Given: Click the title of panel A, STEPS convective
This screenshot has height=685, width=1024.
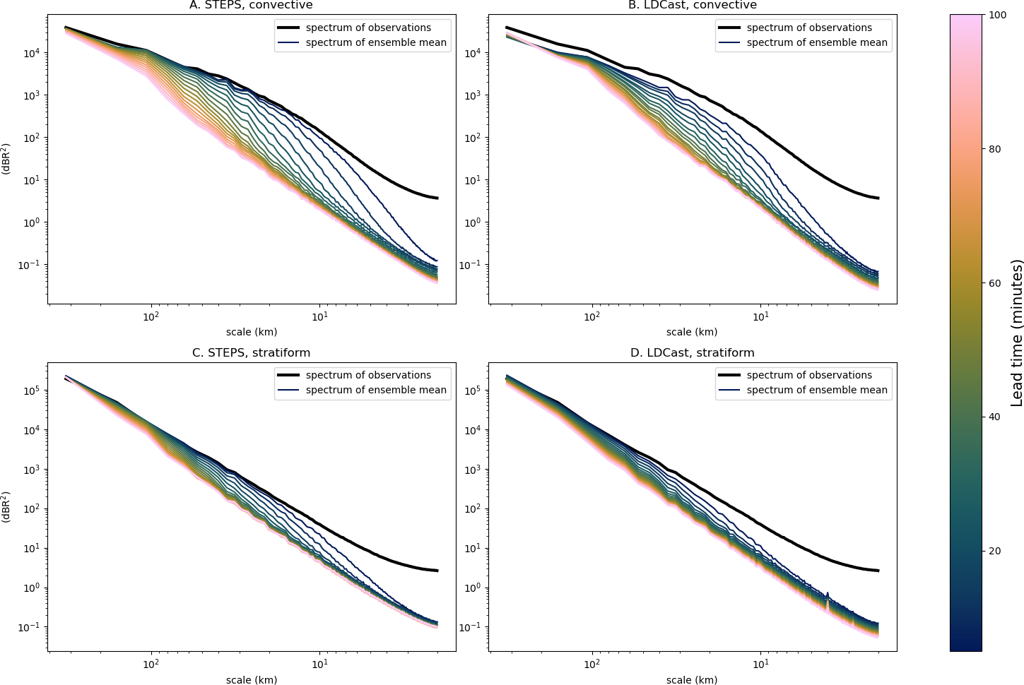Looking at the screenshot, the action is [251, 5].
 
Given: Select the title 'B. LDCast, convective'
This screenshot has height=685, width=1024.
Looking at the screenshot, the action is [693, 5].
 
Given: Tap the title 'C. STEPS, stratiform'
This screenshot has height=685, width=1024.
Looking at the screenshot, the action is [251, 352].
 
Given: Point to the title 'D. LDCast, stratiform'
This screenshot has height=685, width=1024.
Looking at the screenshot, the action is [692, 352].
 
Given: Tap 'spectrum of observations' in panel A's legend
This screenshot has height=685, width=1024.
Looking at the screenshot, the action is [368, 28].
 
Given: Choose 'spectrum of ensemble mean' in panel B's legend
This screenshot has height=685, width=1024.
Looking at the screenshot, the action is [817, 42].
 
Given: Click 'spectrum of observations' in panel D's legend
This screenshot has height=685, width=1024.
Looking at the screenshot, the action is [809, 375].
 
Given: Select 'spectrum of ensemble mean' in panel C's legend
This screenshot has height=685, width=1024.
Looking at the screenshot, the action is [376, 390].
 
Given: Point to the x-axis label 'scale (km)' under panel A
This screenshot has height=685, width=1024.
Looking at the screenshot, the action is [252, 331].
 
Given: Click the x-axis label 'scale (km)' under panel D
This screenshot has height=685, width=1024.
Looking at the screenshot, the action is [692, 679].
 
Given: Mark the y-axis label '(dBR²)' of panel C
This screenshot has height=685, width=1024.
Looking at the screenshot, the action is [6, 507].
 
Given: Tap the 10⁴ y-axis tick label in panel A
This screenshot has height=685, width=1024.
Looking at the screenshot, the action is [32, 52].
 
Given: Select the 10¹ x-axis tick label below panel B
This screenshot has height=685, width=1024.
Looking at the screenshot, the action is [760, 316].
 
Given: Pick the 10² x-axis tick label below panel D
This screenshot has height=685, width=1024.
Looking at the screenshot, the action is [592, 664].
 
